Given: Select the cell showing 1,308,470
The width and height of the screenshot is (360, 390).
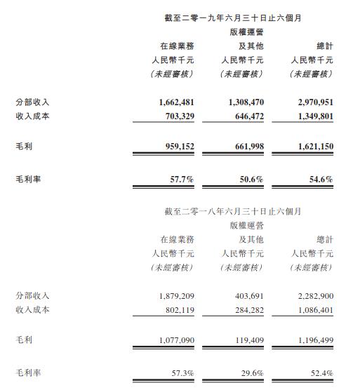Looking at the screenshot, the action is pyautogui.click(x=244, y=102).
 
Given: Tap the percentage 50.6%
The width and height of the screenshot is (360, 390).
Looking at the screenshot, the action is pyautogui.click(x=251, y=180).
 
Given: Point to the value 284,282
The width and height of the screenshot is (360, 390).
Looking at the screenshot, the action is pyautogui.click(x=248, y=309).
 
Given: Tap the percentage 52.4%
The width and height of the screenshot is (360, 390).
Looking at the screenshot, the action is pyautogui.click(x=320, y=372).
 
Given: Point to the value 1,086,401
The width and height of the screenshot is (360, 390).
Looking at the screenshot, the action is pyautogui.click(x=313, y=309).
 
